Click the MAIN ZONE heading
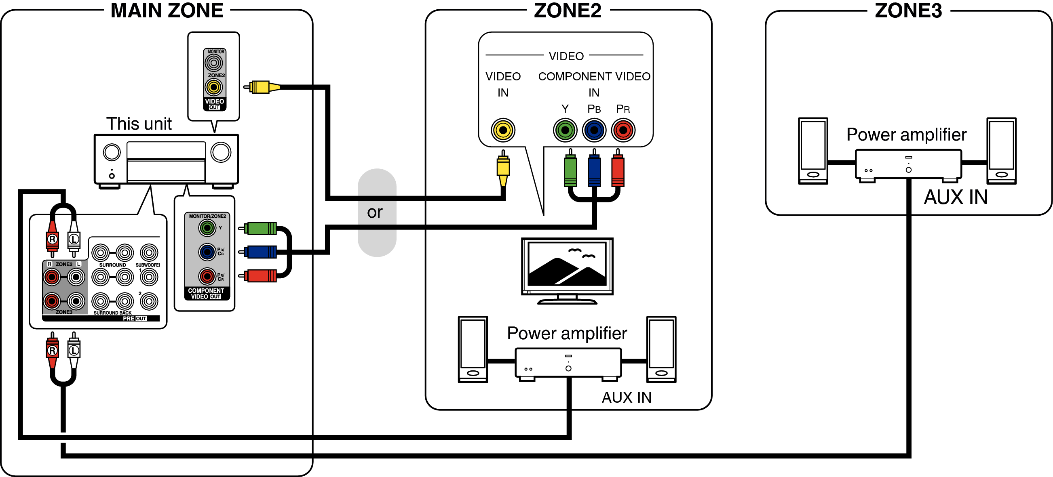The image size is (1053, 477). [167, 10]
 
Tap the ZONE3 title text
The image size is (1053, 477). [908, 10]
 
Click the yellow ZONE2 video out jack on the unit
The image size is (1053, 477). [213, 86]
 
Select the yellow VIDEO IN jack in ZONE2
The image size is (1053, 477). [503, 130]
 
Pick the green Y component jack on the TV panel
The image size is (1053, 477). [565, 130]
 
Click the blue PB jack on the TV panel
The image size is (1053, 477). [594, 130]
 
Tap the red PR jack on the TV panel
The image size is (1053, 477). [623, 130]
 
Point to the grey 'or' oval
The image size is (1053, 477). [376, 212]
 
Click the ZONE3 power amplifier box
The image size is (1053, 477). [908, 164]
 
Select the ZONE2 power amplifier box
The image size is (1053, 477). [568, 363]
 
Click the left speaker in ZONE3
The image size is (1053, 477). [813, 151]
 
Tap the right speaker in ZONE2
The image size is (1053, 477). [661, 349]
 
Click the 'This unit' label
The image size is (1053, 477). [139, 124]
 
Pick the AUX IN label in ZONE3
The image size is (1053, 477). [955, 197]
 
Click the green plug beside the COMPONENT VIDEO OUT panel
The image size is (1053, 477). [262, 228]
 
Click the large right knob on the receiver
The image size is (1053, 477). [221, 152]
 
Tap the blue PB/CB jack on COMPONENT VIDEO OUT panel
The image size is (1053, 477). [207, 252]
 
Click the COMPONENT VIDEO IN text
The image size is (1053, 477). [594, 84]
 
